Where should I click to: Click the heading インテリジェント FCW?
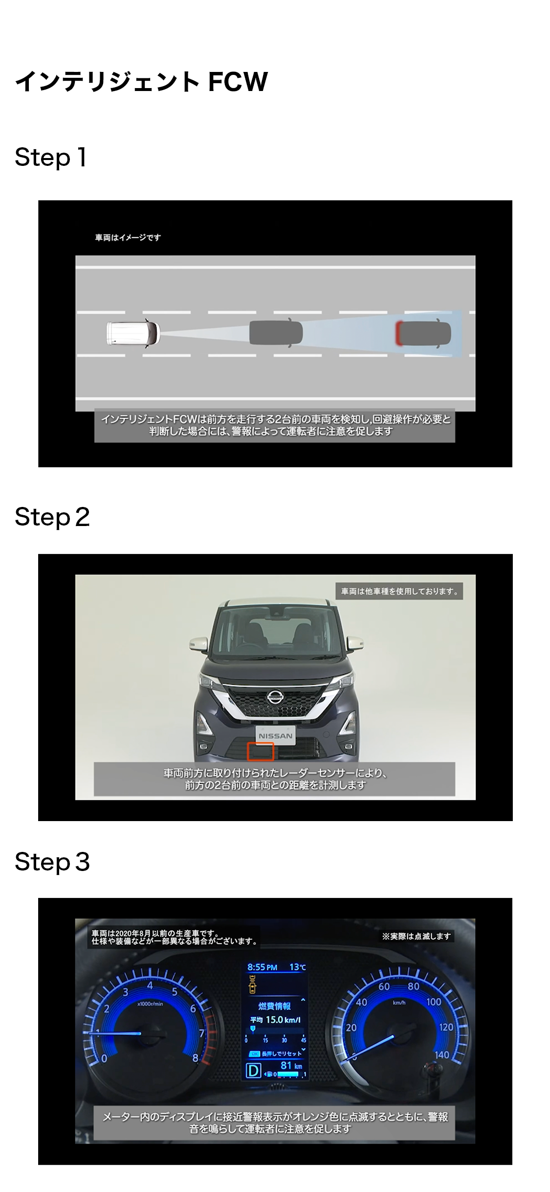tap(141, 81)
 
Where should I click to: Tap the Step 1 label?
tap(51, 158)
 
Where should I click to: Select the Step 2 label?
tap(52, 517)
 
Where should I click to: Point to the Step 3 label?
tap(52, 862)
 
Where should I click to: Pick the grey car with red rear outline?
tap(423, 333)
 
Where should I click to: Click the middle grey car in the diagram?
tap(276, 333)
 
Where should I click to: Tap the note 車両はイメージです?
tap(128, 238)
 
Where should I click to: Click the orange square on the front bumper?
tap(260, 751)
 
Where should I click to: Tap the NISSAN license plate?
tap(276, 735)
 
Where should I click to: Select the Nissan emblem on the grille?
tap(275, 697)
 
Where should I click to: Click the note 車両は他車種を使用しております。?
tap(399, 591)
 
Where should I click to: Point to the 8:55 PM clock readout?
tap(262, 967)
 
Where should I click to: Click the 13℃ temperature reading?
tap(297, 967)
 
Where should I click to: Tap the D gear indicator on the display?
tap(253, 1071)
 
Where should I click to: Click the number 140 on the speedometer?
tap(442, 1054)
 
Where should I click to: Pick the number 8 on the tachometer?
tap(195, 1057)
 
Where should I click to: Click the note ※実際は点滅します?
tap(416, 936)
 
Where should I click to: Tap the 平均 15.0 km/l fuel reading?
tap(275, 1020)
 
